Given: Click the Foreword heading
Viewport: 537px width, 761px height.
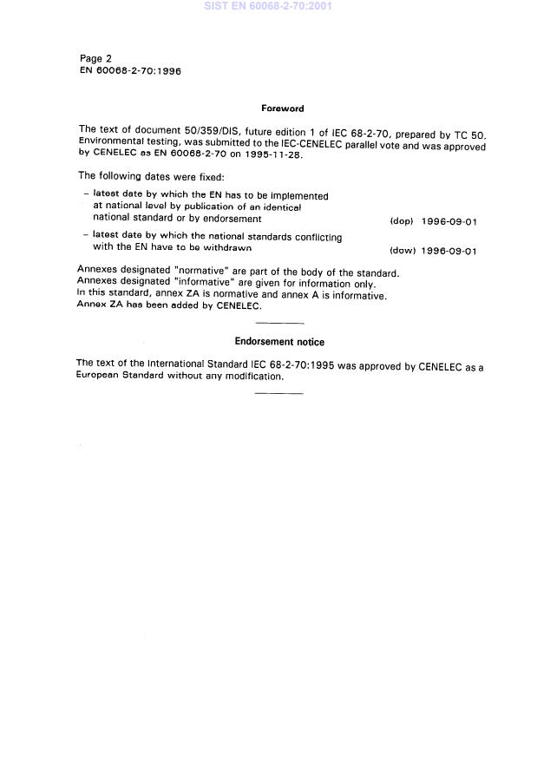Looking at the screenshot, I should click(282, 108).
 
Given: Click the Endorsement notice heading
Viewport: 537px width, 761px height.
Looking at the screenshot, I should click(279, 342).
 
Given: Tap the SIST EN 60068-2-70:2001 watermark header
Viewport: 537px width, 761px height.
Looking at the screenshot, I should click(267, 6).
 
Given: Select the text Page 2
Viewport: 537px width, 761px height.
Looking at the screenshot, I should click(95, 59).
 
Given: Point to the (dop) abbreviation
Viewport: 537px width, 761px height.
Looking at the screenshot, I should click(402, 221).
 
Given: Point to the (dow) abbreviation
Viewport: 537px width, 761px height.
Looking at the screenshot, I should click(402, 251).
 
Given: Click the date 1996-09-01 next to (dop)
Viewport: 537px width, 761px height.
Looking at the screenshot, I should click(449, 221).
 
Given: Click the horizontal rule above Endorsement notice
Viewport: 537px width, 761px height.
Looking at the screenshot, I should click(279, 323).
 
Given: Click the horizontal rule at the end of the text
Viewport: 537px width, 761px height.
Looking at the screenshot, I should click(279, 393).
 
